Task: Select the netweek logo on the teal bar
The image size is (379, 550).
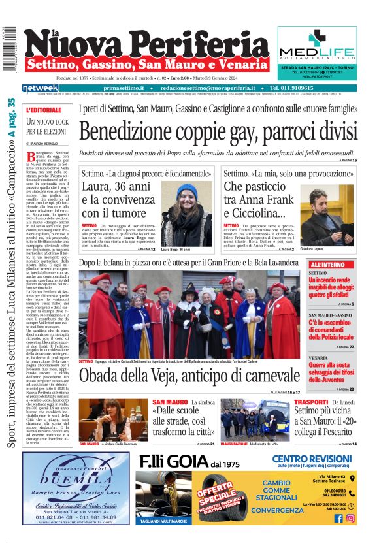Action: tap(41, 88)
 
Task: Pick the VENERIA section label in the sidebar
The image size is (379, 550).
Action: tap(318, 358)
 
